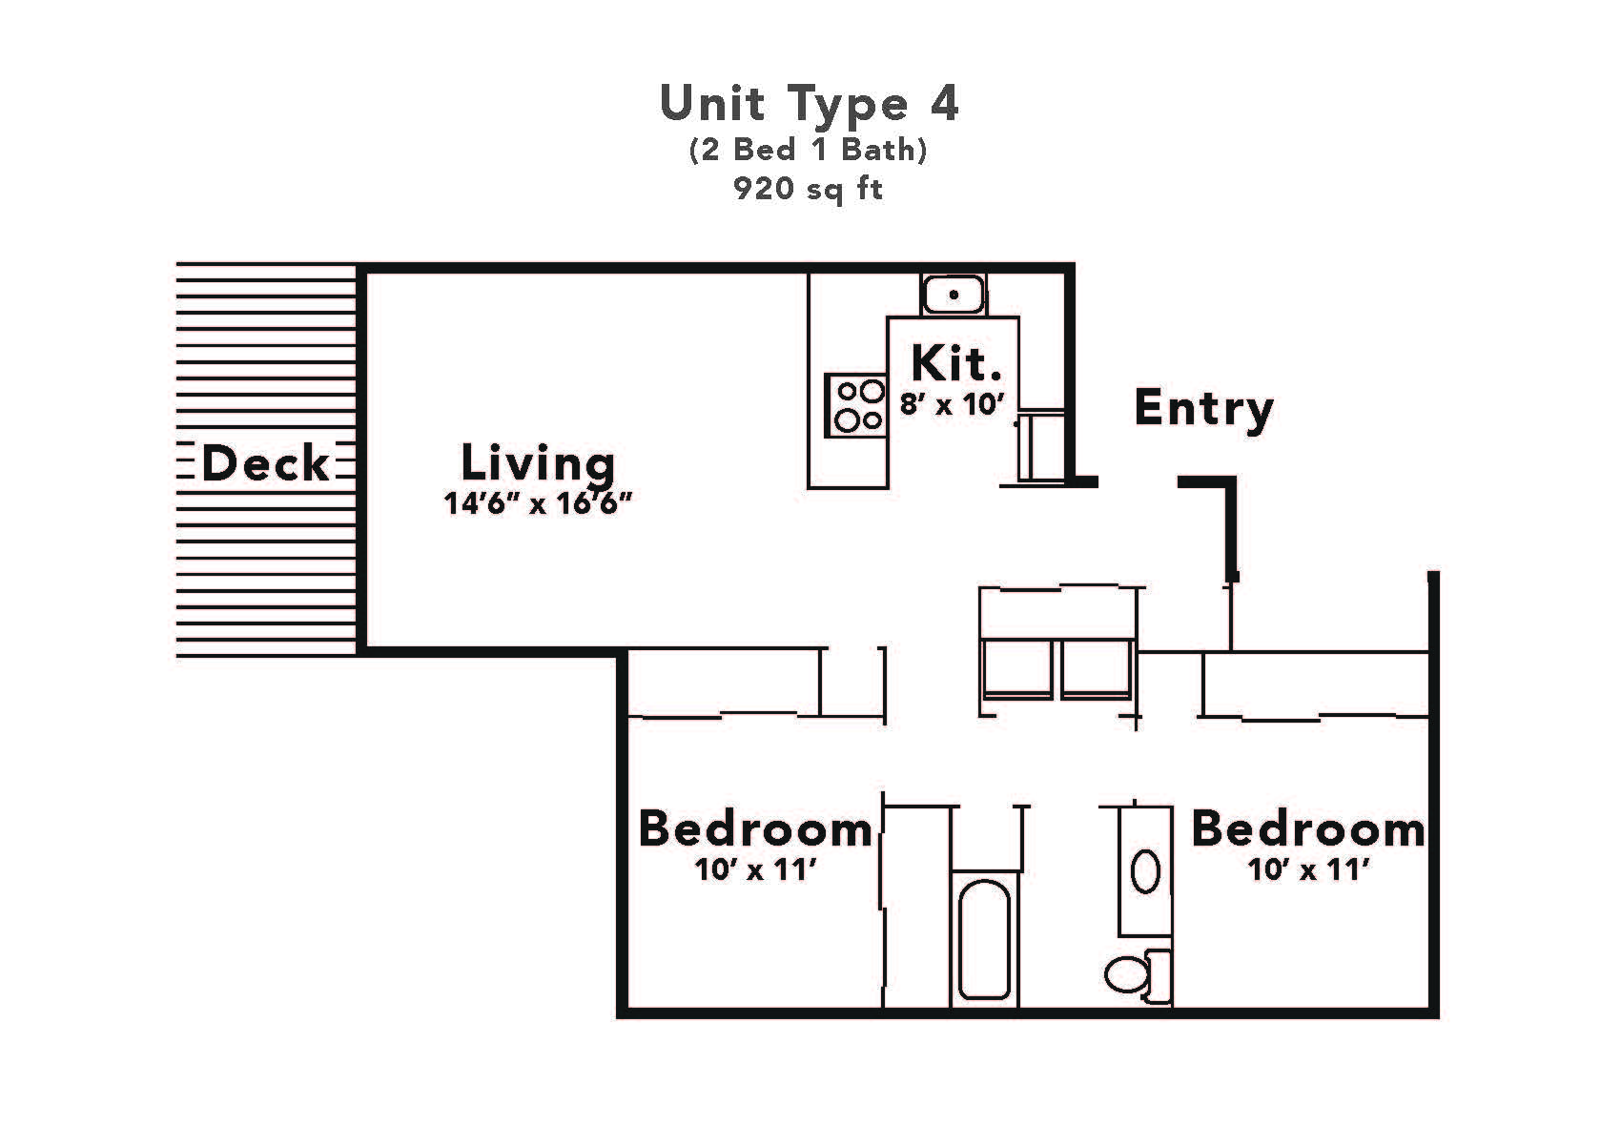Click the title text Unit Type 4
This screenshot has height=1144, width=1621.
pyautogui.click(x=809, y=103)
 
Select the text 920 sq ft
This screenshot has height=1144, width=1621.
pyautogui.click(x=809, y=189)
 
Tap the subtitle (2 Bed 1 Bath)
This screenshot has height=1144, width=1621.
pyautogui.click(x=809, y=151)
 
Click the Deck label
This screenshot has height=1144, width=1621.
pyautogui.click(x=266, y=464)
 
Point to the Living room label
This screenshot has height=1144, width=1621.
pyautogui.click(x=538, y=463)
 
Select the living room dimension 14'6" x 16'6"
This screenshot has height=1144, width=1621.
pyautogui.click(x=539, y=503)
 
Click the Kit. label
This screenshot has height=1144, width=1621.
pyautogui.click(x=956, y=363)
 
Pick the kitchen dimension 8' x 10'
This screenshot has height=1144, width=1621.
pyautogui.click(x=954, y=404)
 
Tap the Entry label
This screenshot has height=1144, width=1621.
pyautogui.click(x=1203, y=408)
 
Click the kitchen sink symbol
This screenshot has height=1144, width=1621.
pyautogui.click(x=954, y=295)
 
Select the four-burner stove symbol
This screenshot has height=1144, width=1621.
pyautogui.click(x=856, y=405)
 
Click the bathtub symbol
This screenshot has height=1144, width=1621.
pyautogui.click(x=984, y=939)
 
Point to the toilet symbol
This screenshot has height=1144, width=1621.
pyautogui.click(x=1137, y=974)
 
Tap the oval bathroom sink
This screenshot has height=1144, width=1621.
pyautogui.click(x=1145, y=870)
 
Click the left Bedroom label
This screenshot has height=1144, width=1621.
pyautogui.click(x=755, y=829)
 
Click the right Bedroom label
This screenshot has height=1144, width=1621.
pyautogui.click(x=1308, y=829)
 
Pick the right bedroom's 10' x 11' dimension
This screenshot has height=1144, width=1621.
pyautogui.click(x=1309, y=870)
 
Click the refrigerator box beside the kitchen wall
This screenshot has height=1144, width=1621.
pyautogui.click(x=1040, y=446)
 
